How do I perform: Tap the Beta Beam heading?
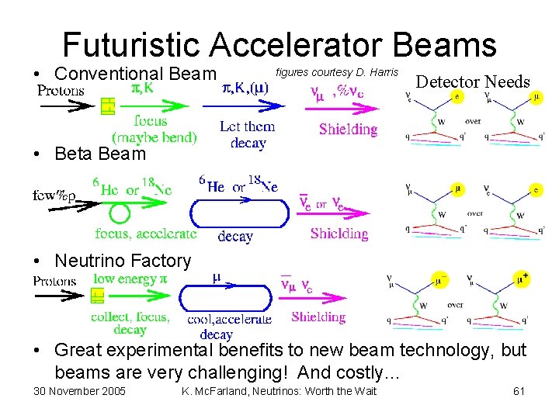(x=99, y=154)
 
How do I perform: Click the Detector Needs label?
(x=474, y=81)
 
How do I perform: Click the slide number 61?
(x=519, y=390)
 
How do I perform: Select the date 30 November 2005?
(x=79, y=390)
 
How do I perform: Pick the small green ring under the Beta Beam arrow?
(x=118, y=213)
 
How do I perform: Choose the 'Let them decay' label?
(x=248, y=134)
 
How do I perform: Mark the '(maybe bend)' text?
(x=155, y=138)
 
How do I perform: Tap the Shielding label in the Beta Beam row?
(x=339, y=234)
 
